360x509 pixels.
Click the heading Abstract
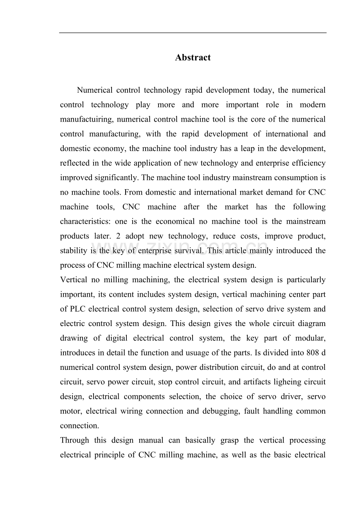(193, 57)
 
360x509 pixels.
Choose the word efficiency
(306, 163)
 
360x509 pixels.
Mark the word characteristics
(85, 222)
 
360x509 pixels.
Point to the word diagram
(311, 324)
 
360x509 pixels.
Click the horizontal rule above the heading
(193, 32)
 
